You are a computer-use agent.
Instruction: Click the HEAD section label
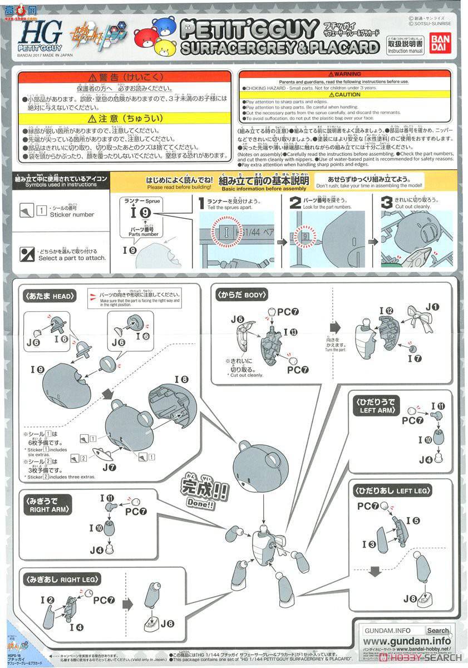pyautogui.click(x=49, y=296)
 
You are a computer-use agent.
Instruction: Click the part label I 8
pyautogui.click(x=181, y=380)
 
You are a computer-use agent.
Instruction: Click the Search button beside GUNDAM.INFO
pyautogui.click(x=438, y=631)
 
